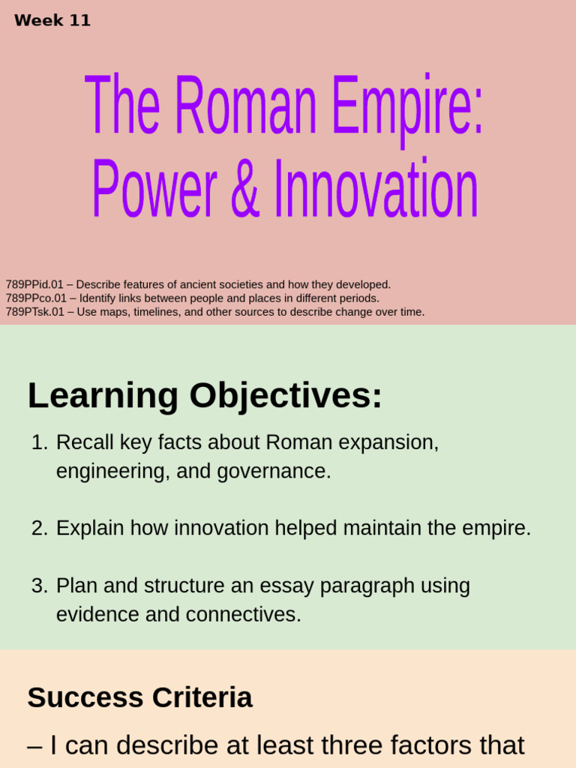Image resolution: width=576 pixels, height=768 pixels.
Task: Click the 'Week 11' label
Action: (52, 21)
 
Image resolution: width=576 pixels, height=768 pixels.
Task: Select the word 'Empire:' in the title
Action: (406, 106)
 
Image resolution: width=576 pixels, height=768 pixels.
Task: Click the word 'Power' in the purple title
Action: (154, 190)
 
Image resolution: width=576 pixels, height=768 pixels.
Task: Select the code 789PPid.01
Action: (35, 285)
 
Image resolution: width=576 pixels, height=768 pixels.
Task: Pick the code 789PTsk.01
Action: (35, 312)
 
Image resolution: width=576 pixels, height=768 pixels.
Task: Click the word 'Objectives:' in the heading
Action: (286, 395)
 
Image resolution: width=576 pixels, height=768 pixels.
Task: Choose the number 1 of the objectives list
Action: (39, 442)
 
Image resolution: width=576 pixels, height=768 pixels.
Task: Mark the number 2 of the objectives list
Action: (39, 529)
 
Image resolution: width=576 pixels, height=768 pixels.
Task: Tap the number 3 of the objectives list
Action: (39, 586)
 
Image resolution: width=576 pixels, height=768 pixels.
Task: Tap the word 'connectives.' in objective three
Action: (243, 615)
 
